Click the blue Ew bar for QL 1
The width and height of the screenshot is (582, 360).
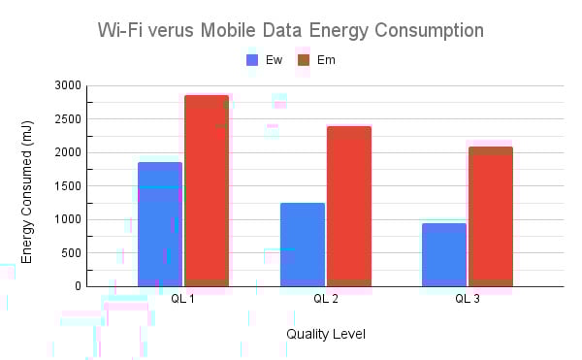160,223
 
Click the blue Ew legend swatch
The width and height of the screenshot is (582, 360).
253,60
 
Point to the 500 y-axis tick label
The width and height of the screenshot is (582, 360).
68,253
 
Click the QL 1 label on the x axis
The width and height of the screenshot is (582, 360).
183,298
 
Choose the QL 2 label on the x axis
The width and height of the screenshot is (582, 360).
326,298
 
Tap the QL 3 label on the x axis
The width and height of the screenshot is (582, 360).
468,298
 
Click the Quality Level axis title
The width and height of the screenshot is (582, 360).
326,334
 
